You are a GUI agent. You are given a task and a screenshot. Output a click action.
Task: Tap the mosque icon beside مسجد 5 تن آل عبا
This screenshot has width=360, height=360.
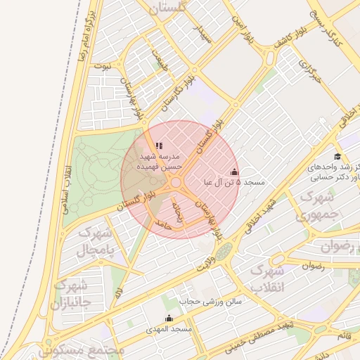[234, 172]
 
